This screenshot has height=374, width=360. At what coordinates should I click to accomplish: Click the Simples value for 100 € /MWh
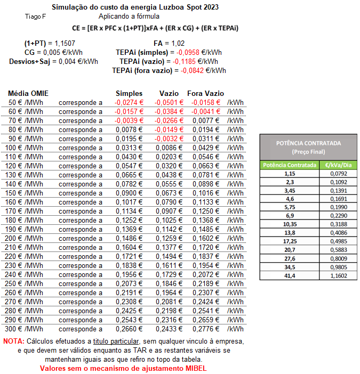(x=130, y=148)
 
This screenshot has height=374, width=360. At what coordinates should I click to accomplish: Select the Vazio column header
(x=169, y=93)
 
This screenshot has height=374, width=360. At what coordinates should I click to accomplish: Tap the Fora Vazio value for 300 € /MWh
(x=206, y=329)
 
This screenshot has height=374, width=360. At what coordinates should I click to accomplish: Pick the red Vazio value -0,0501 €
(x=169, y=102)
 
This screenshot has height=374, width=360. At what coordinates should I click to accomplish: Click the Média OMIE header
(x=28, y=93)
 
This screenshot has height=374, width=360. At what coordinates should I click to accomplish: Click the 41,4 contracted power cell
(x=290, y=275)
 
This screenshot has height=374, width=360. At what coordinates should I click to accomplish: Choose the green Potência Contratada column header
(x=290, y=165)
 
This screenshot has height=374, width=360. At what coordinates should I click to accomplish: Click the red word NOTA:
(x=13, y=341)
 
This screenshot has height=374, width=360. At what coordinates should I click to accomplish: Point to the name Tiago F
(x=35, y=17)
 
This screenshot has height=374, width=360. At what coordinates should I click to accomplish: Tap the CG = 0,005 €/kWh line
(x=53, y=52)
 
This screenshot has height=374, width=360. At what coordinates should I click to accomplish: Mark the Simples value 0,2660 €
(x=130, y=329)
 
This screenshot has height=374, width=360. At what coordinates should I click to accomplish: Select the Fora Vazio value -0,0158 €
(x=206, y=102)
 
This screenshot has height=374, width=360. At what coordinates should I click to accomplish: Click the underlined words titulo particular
(x=116, y=341)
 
